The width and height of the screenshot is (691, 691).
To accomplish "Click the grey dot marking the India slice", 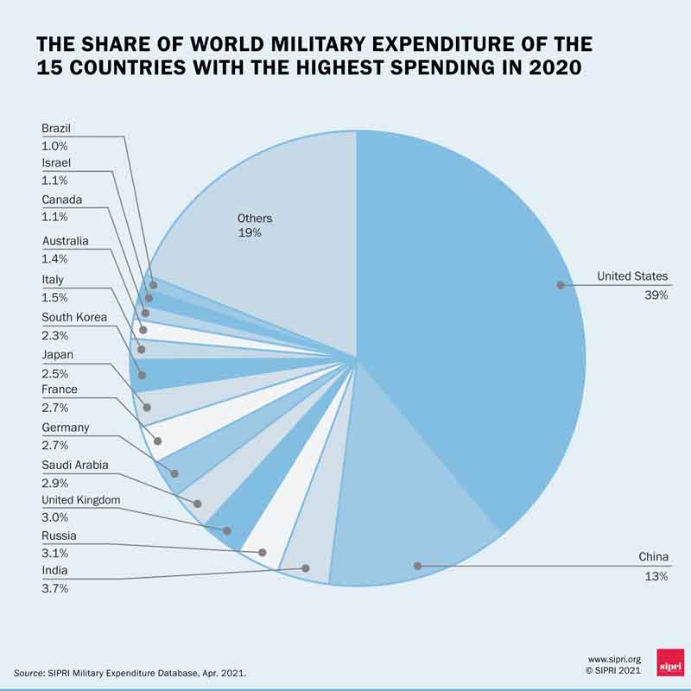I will coord(306,567).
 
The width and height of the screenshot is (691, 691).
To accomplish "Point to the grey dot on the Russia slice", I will coord(263,552).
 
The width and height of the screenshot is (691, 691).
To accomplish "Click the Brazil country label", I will coord(56,129).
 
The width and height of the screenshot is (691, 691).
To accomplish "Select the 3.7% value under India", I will coord(54,588).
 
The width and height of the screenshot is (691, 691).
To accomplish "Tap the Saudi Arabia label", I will coord(74,465).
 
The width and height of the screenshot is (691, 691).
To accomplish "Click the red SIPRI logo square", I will coord(669,662).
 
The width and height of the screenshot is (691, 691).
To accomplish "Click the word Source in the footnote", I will coord(29,672).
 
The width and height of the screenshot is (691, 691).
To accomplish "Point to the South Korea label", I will coord(74,317).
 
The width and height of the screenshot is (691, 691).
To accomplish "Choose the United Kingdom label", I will coord(81,500).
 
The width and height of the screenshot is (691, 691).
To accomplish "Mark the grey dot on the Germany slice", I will coord(175,473).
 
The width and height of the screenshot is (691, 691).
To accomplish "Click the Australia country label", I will coord(66,241).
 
